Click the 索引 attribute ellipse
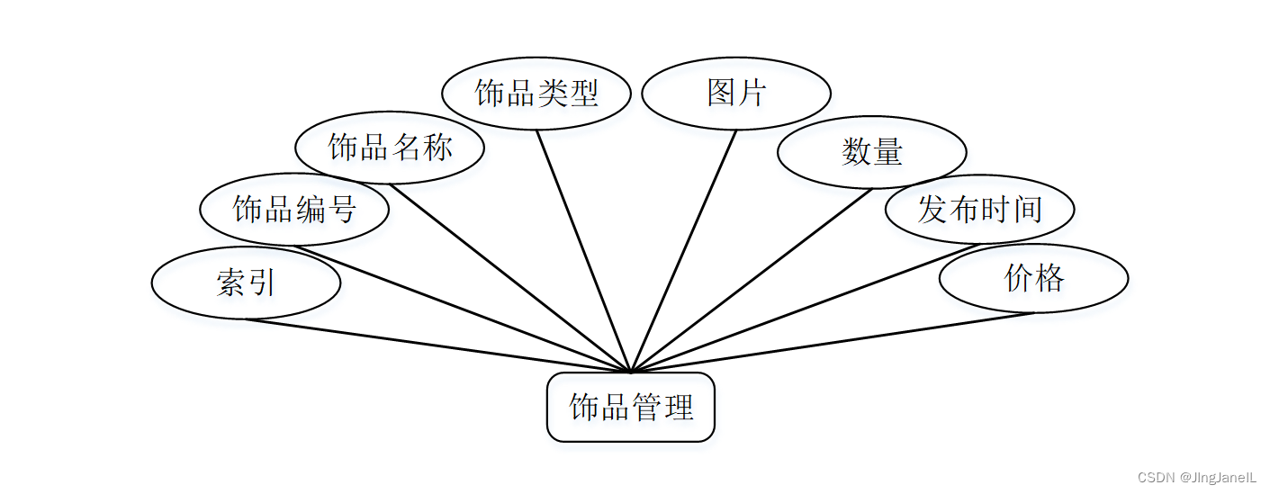(x=246, y=283)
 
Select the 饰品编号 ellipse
(x=294, y=209)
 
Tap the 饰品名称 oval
(x=390, y=148)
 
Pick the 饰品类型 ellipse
(x=536, y=93)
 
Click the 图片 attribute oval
(x=736, y=93)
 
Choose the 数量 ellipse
(x=871, y=152)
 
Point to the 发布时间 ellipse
(x=979, y=209)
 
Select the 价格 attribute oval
(x=1033, y=278)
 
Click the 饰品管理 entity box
(x=631, y=407)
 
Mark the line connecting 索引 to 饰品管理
(x=438, y=346)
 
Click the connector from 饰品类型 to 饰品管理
(x=584, y=251)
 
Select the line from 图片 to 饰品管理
(x=684, y=251)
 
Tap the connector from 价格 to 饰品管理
(x=833, y=343)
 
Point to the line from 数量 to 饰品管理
(x=752, y=281)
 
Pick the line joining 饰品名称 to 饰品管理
(x=510, y=278)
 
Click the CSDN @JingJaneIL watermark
(x=1196, y=477)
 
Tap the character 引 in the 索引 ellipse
(x=261, y=283)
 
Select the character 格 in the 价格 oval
(x=1049, y=278)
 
